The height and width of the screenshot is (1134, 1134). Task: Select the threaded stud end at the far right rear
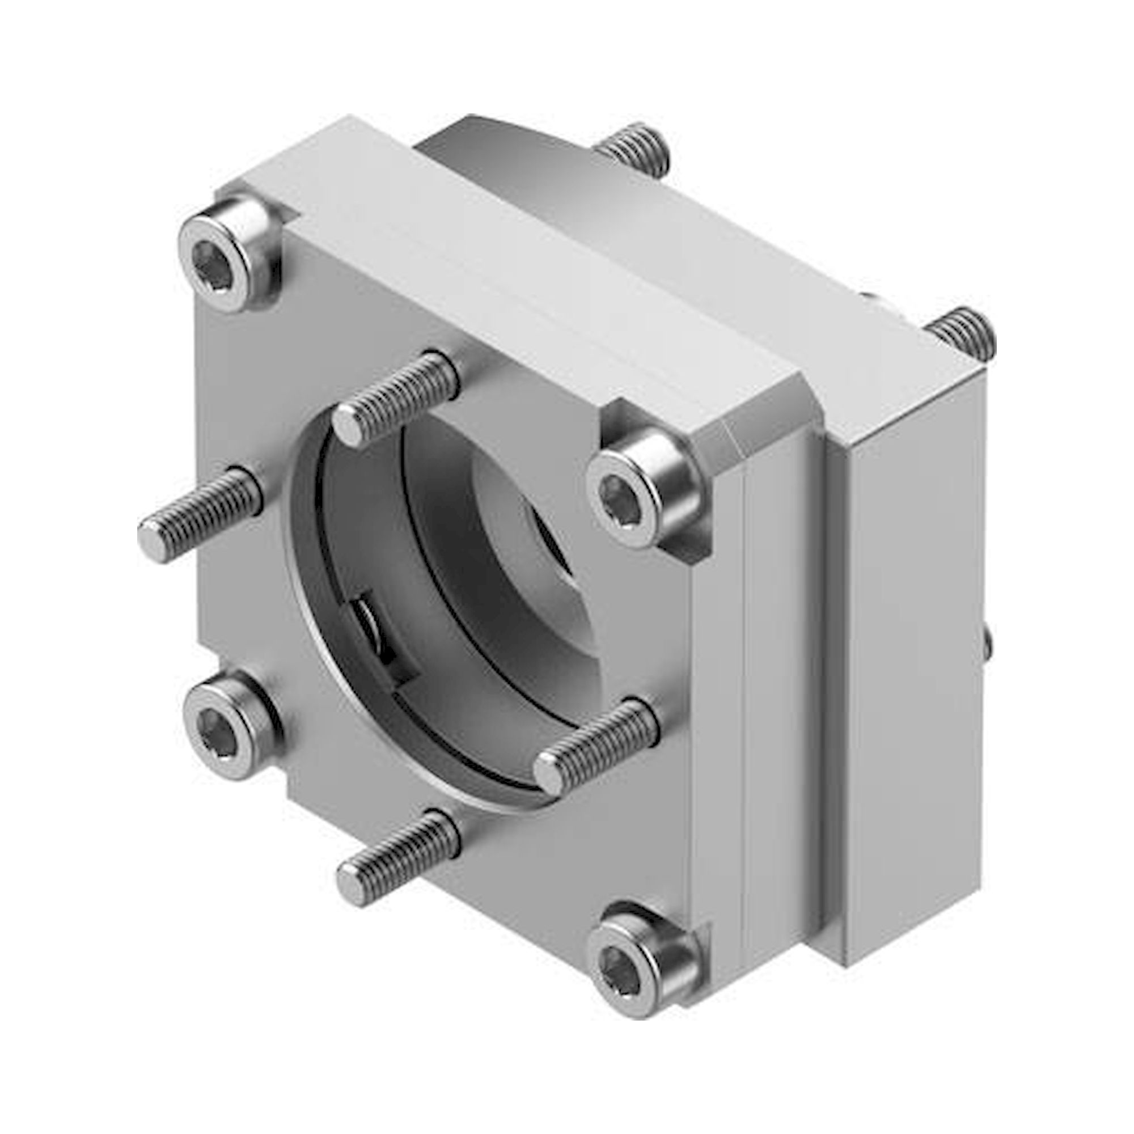pyautogui.click(x=963, y=333)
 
